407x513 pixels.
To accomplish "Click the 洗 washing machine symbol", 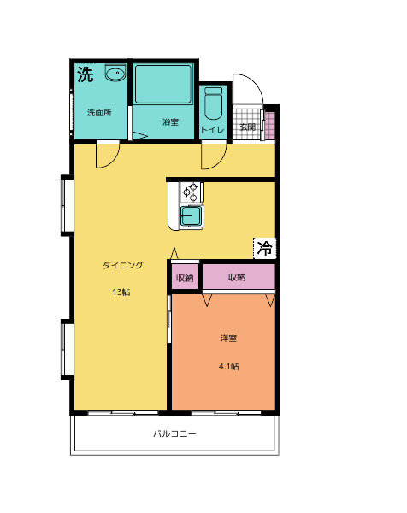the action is coord(86,74).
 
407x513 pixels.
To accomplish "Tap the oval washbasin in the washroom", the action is coord(115,73).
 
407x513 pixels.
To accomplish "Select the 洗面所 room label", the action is coord(99,113).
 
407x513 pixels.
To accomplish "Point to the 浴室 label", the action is coord(170,122).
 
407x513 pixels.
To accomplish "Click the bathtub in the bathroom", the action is coord(163,84).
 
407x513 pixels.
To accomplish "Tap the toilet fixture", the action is coord(213,103).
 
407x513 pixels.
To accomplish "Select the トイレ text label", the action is coord(213,130).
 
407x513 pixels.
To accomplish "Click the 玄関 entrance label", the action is coord(248,127).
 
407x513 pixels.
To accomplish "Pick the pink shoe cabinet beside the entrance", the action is coord(270,126).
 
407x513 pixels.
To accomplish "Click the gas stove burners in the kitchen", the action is coord(191,192).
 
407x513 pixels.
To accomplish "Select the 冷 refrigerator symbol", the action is coord(265,248).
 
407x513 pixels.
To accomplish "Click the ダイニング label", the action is coord(123,265).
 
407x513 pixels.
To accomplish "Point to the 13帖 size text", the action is coord(121,292).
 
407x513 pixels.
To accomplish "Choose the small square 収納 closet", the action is coord(185,277).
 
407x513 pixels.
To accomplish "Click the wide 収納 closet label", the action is coord(237,277).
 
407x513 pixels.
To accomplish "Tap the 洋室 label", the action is coord(228,338).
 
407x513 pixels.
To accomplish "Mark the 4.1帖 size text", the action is coord(228,367).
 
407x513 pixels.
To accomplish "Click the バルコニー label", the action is coord(174,433).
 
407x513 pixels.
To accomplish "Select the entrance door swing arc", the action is coord(257,85).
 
